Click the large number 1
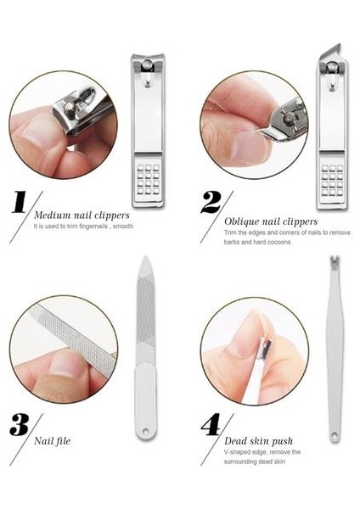[x=19, y=202]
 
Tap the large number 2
[x=211, y=202]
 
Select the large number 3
[x=20, y=425]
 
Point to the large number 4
[x=211, y=425]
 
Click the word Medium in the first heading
[x=53, y=215]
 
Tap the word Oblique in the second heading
[x=241, y=221]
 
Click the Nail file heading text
[x=53, y=441]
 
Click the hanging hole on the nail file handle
[x=145, y=432]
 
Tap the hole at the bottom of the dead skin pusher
[x=335, y=434]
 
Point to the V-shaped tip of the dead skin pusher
[x=335, y=260]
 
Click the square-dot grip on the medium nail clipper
[x=148, y=180]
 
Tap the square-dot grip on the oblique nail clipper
[x=332, y=181]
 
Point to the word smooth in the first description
[x=123, y=226]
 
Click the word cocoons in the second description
[x=279, y=242]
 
